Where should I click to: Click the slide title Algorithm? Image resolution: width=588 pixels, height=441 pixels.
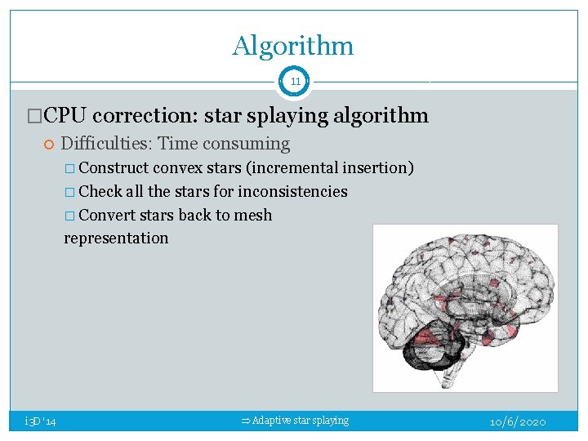click(293, 46)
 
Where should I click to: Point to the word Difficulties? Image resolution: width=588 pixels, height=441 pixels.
click(105, 145)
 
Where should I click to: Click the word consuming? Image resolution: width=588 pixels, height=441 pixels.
click(252, 145)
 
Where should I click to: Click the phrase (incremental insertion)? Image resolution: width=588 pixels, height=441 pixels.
click(330, 168)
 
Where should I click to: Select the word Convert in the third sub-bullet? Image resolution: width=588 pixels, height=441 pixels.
click(108, 216)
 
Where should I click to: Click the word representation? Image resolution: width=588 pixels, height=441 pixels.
click(116, 238)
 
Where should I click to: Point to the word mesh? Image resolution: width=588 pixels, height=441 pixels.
click(256, 216)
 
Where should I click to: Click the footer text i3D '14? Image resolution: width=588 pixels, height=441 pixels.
click(40, 421)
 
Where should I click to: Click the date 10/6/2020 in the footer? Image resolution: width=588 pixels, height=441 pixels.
click(518, 422)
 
